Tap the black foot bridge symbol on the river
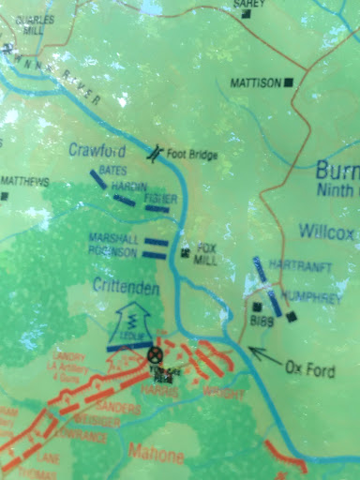point(160,150)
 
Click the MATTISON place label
point(254,82)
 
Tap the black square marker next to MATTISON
point(290,82)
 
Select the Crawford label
point(97,149)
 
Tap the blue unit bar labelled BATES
point(97,178)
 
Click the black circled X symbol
point(155,354)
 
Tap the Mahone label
point(152,457)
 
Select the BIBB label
point(260,321)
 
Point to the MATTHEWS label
point(25,181)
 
